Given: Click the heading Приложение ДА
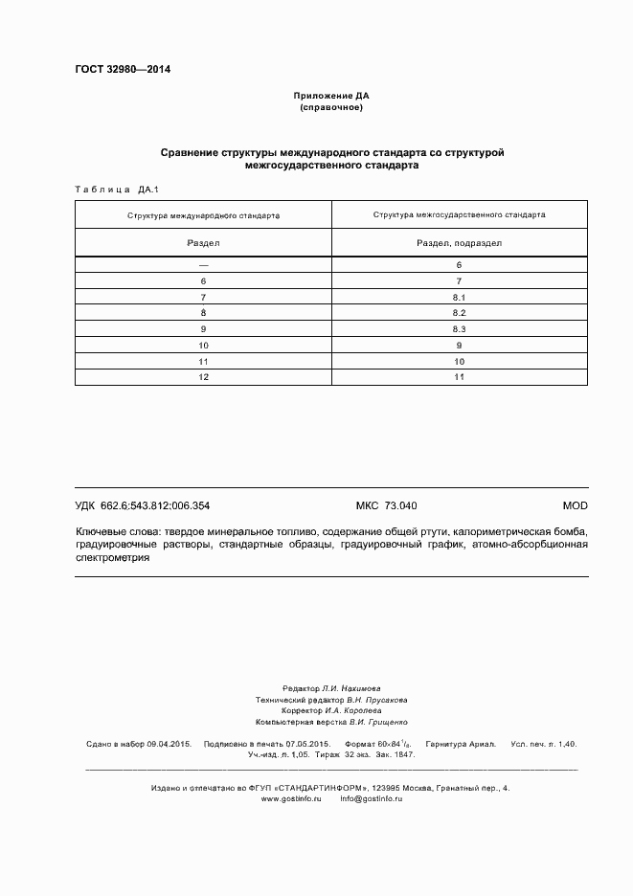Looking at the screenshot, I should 330,97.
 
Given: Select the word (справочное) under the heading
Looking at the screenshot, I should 330,107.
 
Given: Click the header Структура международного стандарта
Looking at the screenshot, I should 203,215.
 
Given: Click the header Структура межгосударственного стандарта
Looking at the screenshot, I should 460,215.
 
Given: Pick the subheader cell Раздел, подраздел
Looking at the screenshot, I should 460,243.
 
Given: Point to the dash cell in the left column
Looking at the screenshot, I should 203,264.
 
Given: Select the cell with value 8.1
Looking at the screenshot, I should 460,297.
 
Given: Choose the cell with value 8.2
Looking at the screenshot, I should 460,313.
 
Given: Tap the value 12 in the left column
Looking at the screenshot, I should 203,377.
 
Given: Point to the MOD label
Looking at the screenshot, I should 575,505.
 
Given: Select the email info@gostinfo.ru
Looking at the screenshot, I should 371,798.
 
